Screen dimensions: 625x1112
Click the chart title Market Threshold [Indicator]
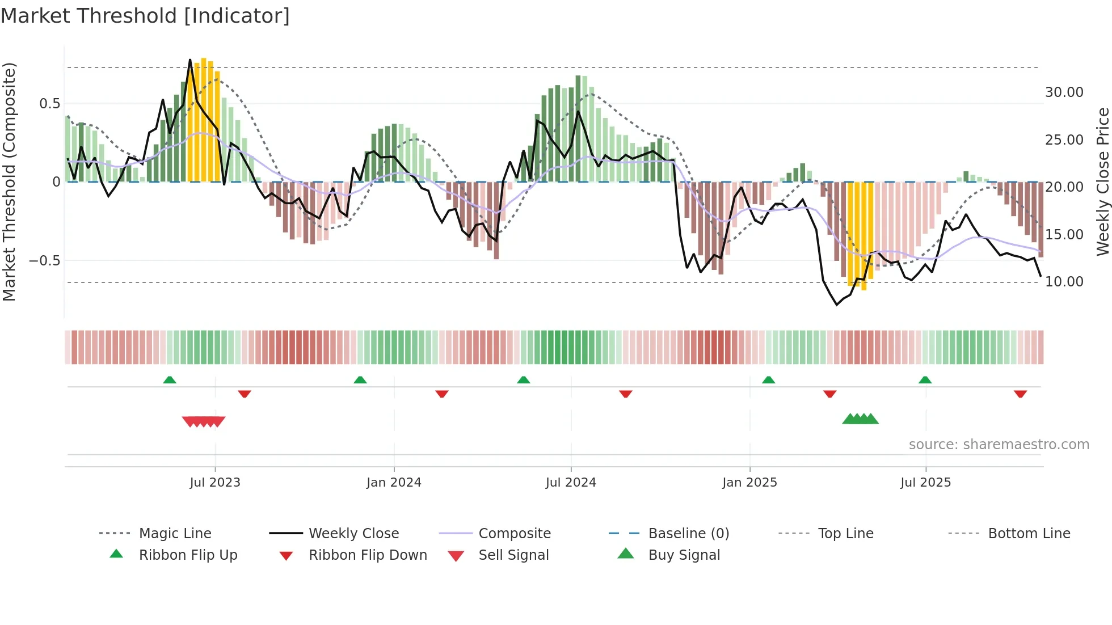[x=145, y=16]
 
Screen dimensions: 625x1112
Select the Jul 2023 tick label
[x=215, y=483]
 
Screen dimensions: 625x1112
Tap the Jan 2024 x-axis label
[x=394, y=483]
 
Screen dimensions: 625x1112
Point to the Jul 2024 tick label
[x=571, y=483]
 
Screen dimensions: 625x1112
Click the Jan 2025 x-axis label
[x=749, y=483]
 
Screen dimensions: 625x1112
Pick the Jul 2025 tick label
[x=925, y=483]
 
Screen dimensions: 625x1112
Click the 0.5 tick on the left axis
[x=49, y=104]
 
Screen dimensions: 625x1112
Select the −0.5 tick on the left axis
[x=45, y=261]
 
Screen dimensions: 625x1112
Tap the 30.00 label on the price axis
[x=1064, y=92]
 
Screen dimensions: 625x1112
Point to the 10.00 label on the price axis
[x=1064, y=282]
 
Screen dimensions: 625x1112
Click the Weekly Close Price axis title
[x=1102, y=181]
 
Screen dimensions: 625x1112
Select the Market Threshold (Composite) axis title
[x=9, y=181]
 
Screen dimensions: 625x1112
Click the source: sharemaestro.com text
[x=999, y=445]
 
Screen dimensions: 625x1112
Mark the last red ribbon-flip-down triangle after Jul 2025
[x=1020, y=394]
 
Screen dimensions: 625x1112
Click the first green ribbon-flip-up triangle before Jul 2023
[x=170, y=380]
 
